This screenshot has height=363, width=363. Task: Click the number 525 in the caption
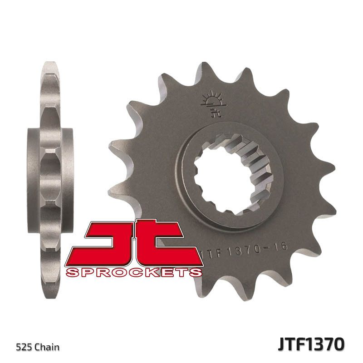click(25, 348)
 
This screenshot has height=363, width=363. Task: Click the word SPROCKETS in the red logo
click(133, 272)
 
